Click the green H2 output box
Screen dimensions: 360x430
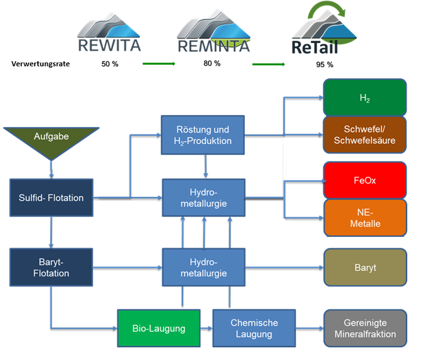click(364, 97)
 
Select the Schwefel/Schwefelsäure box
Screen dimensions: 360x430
click(364, 135)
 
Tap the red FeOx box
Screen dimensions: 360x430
click(364, 180)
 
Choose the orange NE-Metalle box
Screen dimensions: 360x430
click(364, 217)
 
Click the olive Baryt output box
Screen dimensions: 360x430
click(364, 267)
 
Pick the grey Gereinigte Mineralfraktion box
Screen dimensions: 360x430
click(364, 328)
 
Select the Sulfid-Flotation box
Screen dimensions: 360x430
click(51, 198)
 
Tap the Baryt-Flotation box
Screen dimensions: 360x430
click(51, 267)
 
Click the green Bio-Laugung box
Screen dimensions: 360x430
click(158, 328)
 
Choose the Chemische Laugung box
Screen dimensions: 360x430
click(254, 328)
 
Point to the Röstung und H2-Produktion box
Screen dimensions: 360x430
click(202, 135)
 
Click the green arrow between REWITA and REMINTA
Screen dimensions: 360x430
click(158, 64)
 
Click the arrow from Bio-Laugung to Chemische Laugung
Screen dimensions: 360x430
click(206, 328)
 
